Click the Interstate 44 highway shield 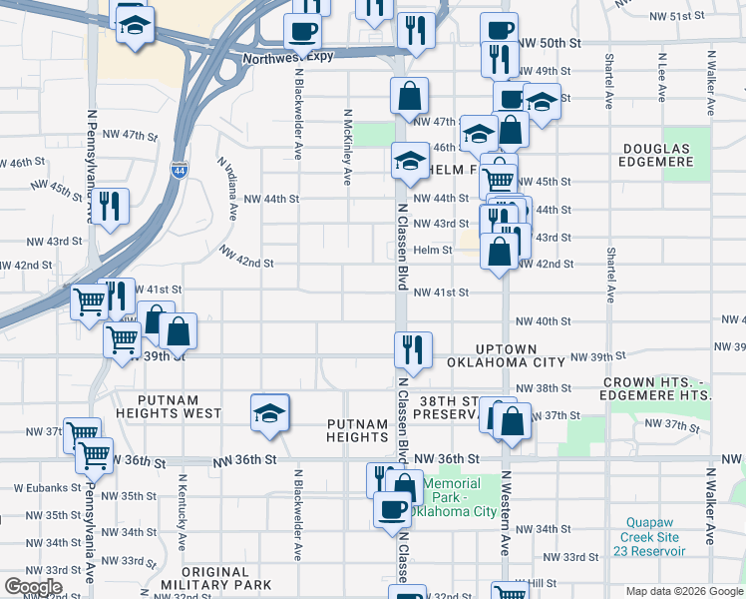click(x=180, y=171)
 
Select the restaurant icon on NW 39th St click(x=412, y=349)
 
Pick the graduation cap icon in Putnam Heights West click(x=268, y=412)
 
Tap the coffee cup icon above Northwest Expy click(x=301, y=31)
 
